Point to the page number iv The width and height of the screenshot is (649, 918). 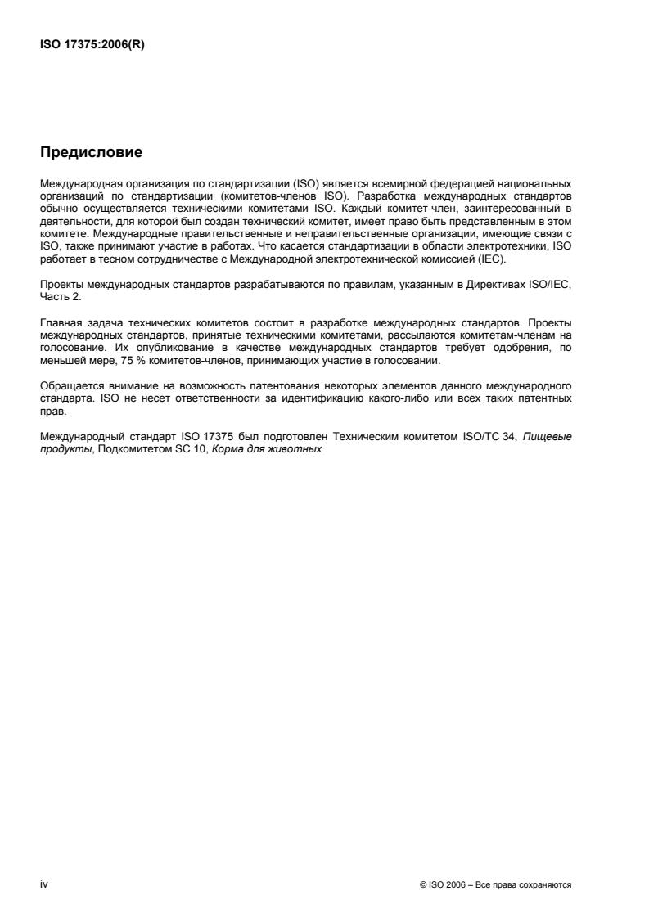(x=44, y=884)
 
